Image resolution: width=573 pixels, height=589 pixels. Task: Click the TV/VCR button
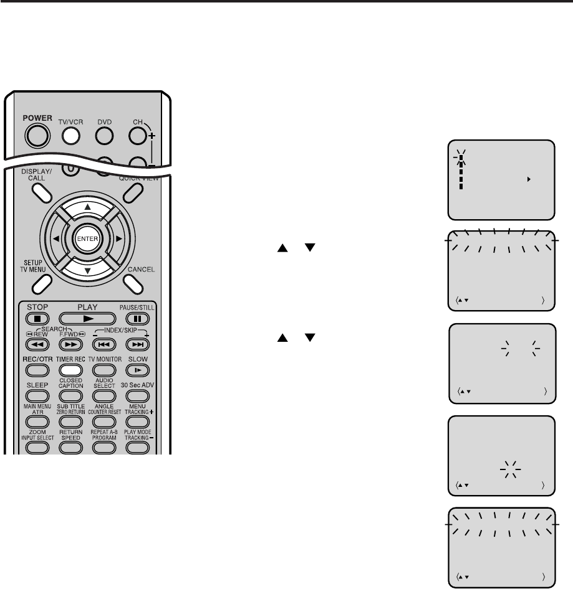[x=72, y=133]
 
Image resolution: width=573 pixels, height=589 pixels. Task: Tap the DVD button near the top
[x=105, y=133]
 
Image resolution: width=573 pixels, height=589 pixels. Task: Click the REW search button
[x=37, y=343]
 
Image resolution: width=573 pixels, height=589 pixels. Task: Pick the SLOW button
[x=137, y=369]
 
